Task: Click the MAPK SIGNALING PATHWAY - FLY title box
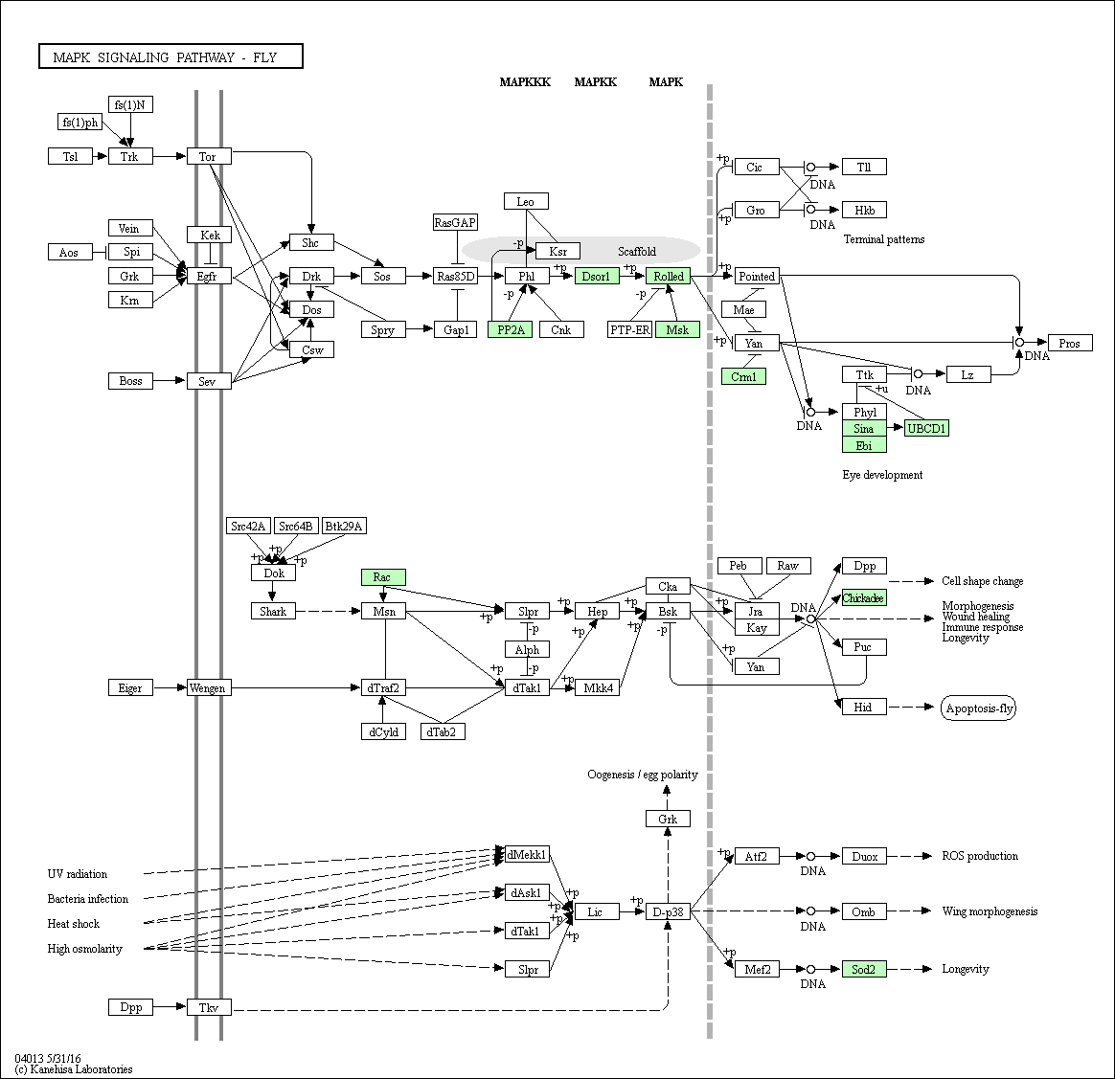tap(171, 56)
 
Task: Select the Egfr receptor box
tap(209, 276)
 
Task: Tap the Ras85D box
tap(456, 276)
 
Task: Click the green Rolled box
tap(669, 276)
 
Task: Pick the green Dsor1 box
tap(597, 276)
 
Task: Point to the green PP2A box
tap(510, 329)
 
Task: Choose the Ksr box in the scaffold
tap(558, 251)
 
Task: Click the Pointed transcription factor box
tap(757, 276)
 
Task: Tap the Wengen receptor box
tap(209, 687)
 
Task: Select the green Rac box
tap(383, 576)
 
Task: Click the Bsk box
tap(668, 611)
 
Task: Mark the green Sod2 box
tap(864, 968)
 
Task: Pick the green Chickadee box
tap(864, 597)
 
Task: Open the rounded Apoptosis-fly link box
tap(978, 708)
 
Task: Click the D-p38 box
tap(668, 911)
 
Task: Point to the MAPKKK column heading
tap(525, 81)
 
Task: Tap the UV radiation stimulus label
tap(78, 873)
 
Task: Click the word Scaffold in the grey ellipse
tap(636, 251)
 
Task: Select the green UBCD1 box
tap(926, 428)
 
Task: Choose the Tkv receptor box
tap(209, 1007)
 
